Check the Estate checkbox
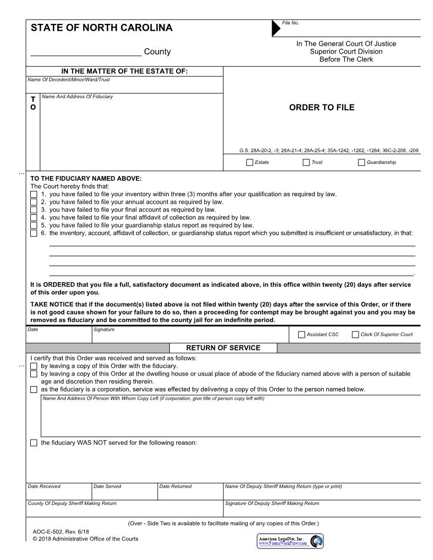[250, 162]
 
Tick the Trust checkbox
[306, 162]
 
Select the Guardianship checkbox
[362, 162]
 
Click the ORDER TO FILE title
[322, 108]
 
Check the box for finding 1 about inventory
[34, 195]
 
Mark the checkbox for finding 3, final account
[34, 209]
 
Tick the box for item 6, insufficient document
[34, 233]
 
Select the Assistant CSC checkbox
[302, 335]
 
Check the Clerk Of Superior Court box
[356, 335]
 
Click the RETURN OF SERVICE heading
[223, 348]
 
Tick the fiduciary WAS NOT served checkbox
[34, 443]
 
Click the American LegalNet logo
[290, 541]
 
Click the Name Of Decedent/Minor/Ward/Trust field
[125, 86]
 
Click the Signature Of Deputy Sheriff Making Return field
[322, 510]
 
